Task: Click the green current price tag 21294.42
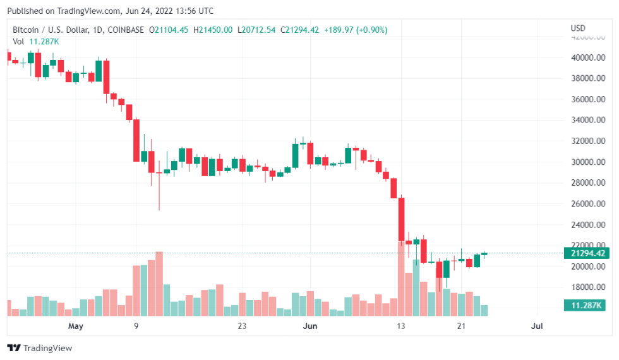tap(587, 253)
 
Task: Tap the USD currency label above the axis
tap(578, 28)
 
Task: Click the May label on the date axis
tap(76, 326)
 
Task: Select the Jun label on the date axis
tap(310, 326)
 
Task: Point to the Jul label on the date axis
tap(537, 326)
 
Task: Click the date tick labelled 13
tap(400, 326)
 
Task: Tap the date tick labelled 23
tap(241, 326)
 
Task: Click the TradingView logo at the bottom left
tap(40, 348)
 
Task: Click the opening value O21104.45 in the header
tap(169, 30)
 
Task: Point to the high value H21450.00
tap(213, 30)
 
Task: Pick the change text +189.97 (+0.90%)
tap(356, 30)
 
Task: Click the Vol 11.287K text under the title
tap(36, 41)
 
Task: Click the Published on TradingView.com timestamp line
tap(112, 11)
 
